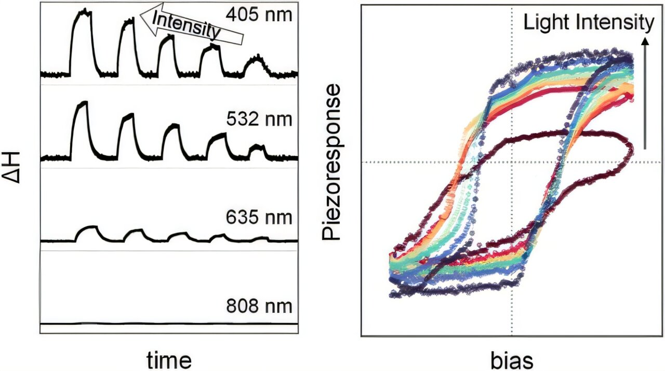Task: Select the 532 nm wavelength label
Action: click(259, 120)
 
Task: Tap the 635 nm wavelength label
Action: click(259, 218)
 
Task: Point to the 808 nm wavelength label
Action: click(259, 306)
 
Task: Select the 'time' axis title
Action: click(168, 360)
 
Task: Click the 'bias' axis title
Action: click(512, 360)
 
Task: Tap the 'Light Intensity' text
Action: click(588, 22)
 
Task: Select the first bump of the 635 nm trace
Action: click(90, 227)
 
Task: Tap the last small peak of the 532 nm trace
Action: click(257, 147)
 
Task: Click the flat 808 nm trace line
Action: click(168, 324)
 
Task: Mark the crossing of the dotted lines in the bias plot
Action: click(512, 162)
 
